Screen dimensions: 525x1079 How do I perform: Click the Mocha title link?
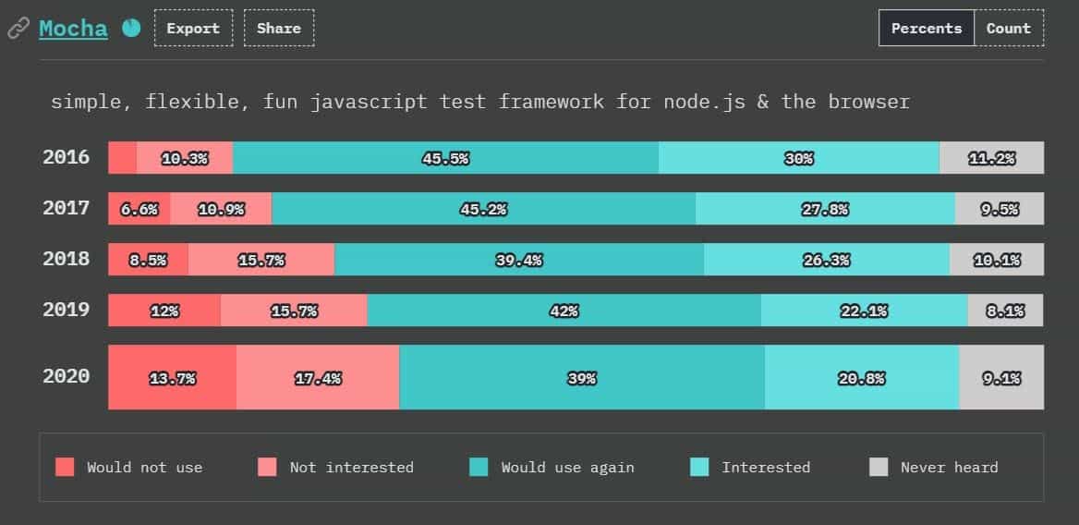73,28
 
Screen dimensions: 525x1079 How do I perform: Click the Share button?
279,28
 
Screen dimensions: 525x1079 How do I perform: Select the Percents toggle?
927,28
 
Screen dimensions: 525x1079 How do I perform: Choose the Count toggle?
1009,28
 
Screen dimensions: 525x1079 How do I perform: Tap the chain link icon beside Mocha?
18,29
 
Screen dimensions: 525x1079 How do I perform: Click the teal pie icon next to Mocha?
131,28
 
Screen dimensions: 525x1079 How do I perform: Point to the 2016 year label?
67,157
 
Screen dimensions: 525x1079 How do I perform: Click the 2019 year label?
67,310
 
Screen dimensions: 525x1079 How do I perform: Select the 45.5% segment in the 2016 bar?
445,158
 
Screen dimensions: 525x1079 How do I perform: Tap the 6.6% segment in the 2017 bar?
139,209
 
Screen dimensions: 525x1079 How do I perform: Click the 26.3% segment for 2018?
826,260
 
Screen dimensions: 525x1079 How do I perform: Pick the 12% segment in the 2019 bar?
164,311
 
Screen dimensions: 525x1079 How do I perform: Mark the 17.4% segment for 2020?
318,377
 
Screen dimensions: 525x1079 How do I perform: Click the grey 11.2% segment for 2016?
991,158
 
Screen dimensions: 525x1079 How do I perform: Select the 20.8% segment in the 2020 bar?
862,377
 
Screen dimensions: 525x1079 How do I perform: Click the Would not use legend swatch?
65,467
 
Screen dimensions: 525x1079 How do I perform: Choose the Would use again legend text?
567,467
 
